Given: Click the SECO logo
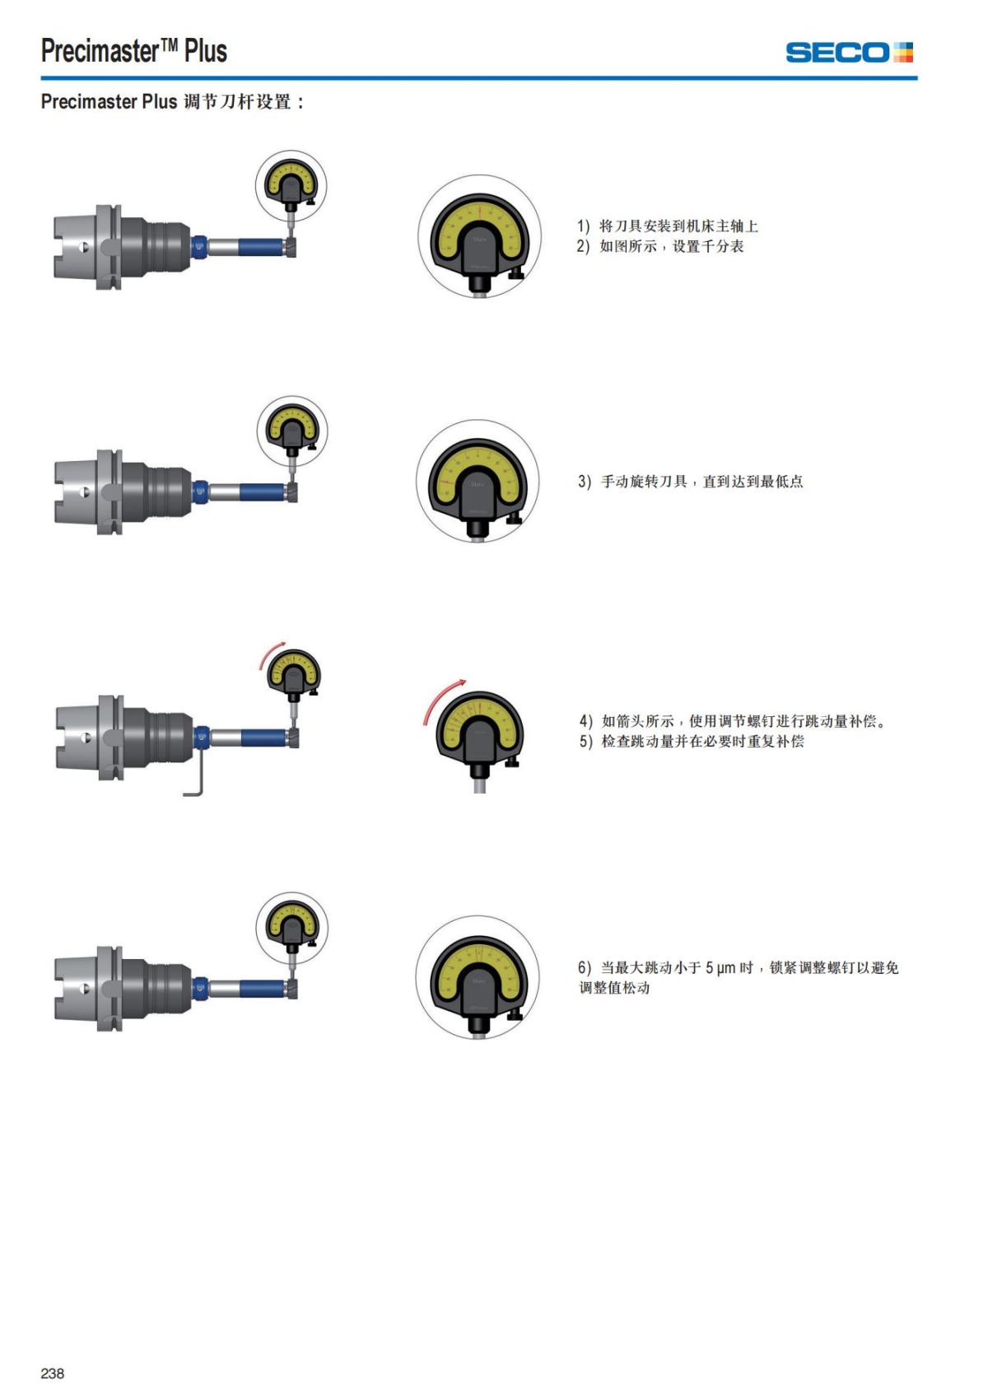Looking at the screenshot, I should (849, 53).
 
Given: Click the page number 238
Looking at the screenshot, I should (52, 1373).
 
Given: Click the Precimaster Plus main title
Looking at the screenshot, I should (133, 51).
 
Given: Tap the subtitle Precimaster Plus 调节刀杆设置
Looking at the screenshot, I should (172, 102).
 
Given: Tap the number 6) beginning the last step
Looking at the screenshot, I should (585, 968).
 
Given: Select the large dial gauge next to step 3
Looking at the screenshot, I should (478, 482).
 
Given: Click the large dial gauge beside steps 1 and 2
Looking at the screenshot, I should (480, 237).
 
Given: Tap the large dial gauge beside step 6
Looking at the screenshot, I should (478, 978).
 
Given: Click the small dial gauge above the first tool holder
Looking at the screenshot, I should (291, 185).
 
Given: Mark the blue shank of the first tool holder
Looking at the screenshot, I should (262, 246).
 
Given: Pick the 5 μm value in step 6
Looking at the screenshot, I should (720, 968).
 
